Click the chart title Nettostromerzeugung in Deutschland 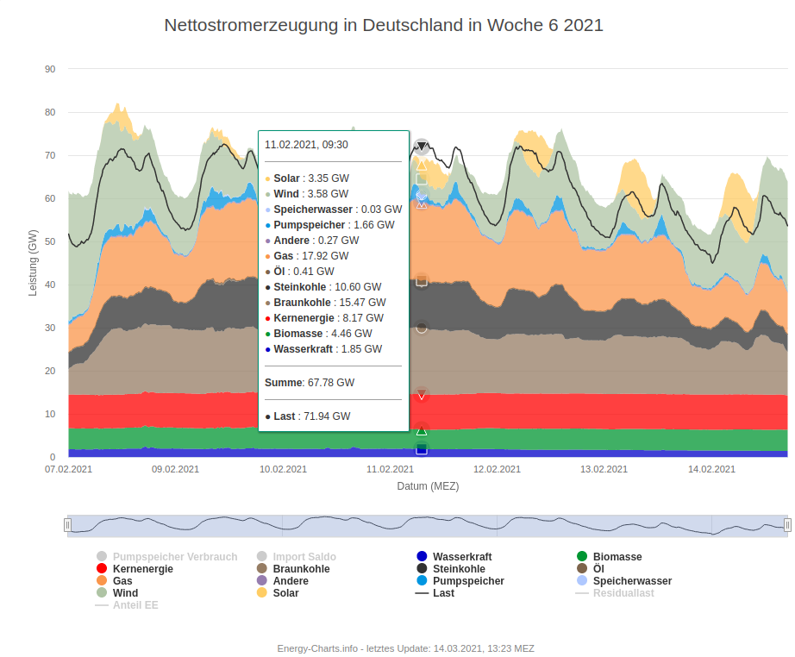click(384, 25)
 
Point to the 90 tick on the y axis click(50, 69)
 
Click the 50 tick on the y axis click(50, 241)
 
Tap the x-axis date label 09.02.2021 click(175, 469)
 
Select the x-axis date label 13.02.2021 click(604, 469)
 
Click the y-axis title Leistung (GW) click(34, 262)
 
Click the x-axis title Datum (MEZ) click(428, 485)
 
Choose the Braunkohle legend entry click(302, 569)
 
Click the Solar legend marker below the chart click(262, 593)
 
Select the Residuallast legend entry click(623, 593)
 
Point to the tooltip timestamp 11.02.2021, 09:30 click(306, 145)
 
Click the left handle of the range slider click(67, 525)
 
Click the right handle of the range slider click(787, 525)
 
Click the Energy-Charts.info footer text click(405, 648)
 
